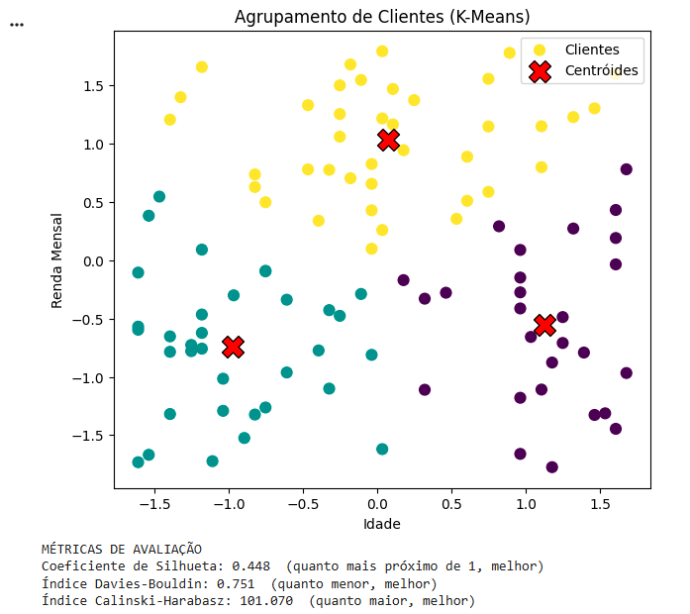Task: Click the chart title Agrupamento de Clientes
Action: (382, 17)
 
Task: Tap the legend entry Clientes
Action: (591, 50)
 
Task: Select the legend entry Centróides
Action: (601, 70)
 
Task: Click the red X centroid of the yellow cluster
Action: (388, 140)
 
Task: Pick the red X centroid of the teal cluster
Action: (233, 346)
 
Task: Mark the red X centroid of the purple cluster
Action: (544, 325)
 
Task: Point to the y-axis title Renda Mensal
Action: (58, 259)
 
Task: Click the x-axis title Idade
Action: (382, 523)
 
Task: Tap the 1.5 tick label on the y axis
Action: (93, 86)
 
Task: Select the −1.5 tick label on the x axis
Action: (153, 503)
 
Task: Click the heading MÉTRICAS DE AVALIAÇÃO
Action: (121, 549)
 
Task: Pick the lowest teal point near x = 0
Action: (382, 449)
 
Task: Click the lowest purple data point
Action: (552, 466)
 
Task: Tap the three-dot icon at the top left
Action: (16, 24)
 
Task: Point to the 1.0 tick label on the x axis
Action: (526, 503)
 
